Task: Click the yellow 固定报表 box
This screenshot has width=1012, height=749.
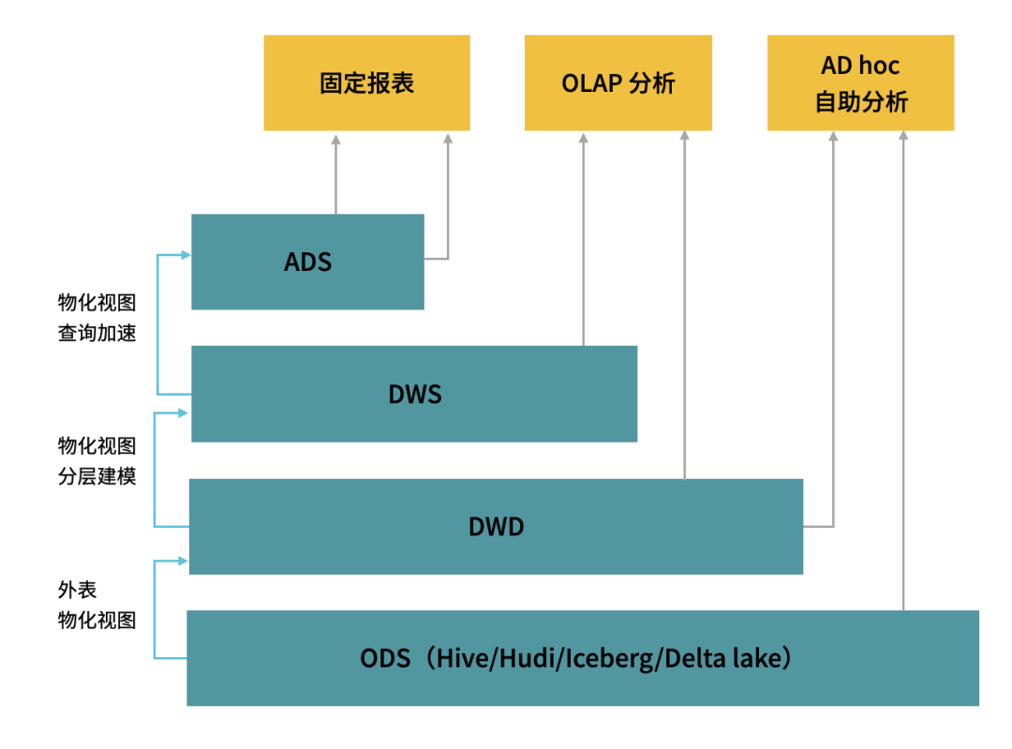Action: click(x=366, y=82)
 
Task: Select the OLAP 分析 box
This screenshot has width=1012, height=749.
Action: click(x=618, y=82)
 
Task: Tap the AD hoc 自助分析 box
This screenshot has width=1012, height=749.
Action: click(x=860, y=82)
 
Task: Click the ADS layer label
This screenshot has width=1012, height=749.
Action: click(x=308, y=262)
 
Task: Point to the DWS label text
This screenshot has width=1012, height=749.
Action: click(x=415, y=394)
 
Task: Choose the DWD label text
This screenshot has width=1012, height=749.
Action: click(x=496, y=527)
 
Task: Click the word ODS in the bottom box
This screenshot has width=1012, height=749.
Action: click(x=385, y=659)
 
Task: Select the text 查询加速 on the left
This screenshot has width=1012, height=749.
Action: click(x=97, y=333)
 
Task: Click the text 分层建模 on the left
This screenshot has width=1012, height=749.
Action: click(x=97, y=476)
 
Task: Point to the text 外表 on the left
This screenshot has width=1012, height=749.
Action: click(x=78, y=590)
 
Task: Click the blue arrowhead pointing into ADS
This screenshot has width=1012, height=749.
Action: click(x=186, y=255)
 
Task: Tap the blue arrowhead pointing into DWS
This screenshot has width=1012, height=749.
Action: click(x=184, y=412)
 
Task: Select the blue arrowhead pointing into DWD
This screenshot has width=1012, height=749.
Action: click(x=184, y=562)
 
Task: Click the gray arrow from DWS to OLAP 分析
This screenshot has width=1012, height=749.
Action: click(x=584, y=240)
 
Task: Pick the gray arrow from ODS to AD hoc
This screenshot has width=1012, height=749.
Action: click(x=903, y=370)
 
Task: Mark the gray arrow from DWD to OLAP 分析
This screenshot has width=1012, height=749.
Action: click(x=685, y=305)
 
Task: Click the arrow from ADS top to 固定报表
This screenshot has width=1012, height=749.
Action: click(x=335, y=174)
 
